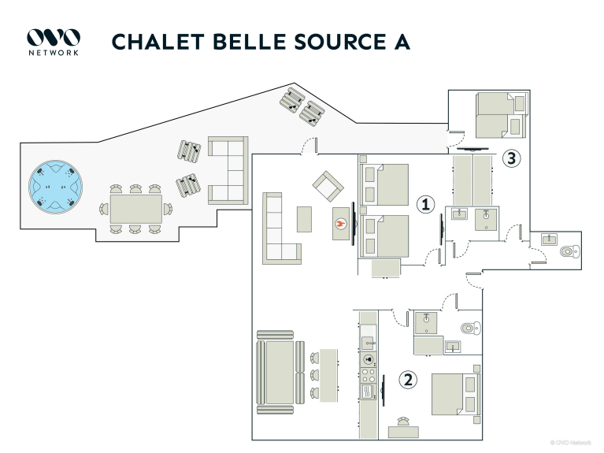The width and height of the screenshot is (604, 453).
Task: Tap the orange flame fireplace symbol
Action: pos(341,224)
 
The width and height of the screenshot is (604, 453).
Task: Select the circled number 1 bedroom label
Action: pos(425,204)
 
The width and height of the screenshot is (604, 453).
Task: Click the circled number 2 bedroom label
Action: pos(408,381)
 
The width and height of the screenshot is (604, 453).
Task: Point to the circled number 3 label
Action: pos(512,158)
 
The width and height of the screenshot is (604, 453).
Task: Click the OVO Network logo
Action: pos(54,42)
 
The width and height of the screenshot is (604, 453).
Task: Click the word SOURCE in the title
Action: pos(340,42)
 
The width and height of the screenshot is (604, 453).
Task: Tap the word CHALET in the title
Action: pos(158,42)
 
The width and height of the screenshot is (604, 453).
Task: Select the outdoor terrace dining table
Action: pos(136,209)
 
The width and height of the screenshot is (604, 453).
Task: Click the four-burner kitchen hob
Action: pos(369,376)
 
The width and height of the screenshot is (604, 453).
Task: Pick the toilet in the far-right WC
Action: pos(569,251)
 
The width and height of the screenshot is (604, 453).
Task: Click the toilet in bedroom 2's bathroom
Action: pos(471,328)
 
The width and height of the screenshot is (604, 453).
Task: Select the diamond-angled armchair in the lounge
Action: pos(328,186)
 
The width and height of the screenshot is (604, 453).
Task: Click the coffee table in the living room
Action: pos(304,219)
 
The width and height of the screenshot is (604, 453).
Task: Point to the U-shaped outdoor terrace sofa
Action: pos(228,170)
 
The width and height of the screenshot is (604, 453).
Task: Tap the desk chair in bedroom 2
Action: pos(403,421)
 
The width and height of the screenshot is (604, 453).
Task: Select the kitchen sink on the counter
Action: pos(369,343)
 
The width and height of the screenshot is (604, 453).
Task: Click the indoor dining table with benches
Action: pos(280,373)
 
